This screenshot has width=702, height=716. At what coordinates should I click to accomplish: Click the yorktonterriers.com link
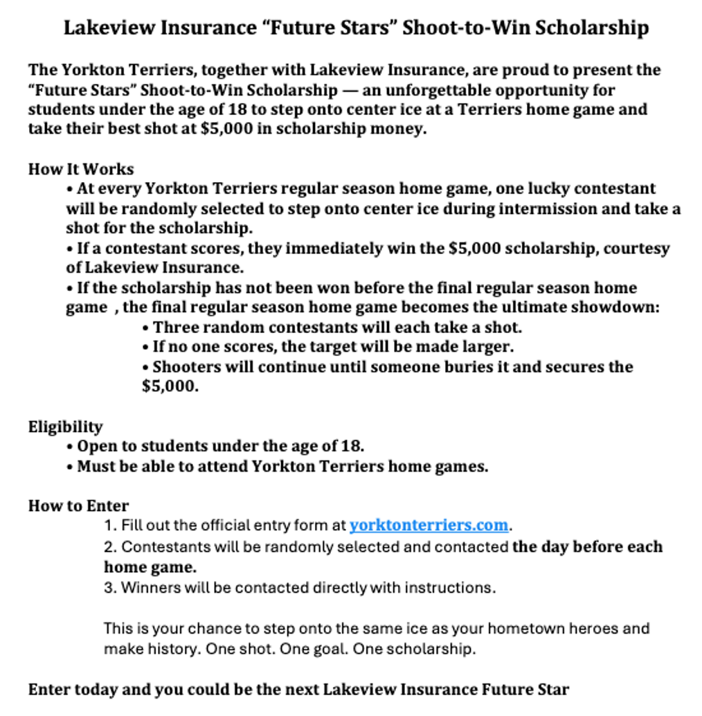click(x=429, y=526)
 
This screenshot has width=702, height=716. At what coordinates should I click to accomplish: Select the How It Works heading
click(x=81, y=170)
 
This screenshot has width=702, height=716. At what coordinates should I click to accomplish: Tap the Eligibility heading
click(x=65, y=427)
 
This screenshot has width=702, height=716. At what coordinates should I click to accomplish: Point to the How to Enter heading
click(x=78, y=506)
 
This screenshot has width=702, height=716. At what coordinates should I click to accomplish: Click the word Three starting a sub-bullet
click(x=174, y=327)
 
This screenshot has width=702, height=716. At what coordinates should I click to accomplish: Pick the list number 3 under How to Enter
click(x=109, y=588)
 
